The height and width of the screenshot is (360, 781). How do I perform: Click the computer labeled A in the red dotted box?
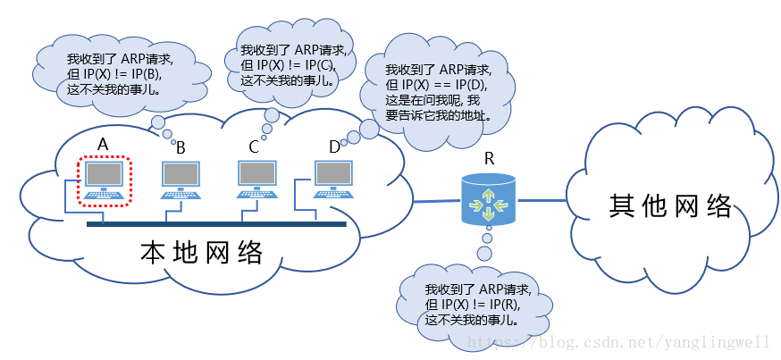[104, 180]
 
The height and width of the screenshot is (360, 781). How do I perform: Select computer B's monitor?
[181, 174]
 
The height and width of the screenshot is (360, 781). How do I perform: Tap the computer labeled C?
[256, 180]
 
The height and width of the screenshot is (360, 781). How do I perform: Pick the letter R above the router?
[490, 159]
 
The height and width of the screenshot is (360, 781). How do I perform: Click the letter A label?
[103, 145]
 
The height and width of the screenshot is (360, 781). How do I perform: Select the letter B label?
[181, 148]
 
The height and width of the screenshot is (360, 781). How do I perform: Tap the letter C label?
[254, 147]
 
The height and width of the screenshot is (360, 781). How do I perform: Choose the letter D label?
[335, 147]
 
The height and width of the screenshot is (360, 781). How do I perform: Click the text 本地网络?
[201, 253]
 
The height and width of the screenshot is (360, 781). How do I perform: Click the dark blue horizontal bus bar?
[216, 224]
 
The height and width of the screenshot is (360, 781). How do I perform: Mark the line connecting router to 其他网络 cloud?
[542, 200]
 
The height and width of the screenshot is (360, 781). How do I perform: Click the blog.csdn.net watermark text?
[617, 342]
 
